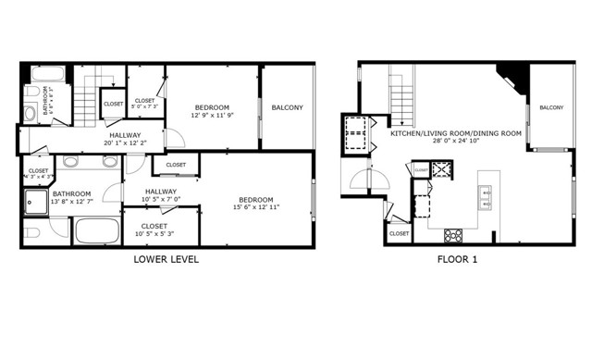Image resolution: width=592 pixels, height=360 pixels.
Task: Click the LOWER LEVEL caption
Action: [x=166, y=260]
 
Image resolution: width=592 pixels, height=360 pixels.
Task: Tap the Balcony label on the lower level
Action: [x=287, y=108]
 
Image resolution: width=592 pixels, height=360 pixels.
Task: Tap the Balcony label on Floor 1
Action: [x=550, y=108]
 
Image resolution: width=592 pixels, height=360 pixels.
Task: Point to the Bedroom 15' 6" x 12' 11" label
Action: [x=254, y=204]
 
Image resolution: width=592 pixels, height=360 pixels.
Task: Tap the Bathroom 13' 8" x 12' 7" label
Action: [x=70, y=198]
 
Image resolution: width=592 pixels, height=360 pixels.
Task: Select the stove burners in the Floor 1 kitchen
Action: [x=453, y=235]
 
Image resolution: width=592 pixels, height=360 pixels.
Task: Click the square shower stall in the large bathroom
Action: [x=37, y=201]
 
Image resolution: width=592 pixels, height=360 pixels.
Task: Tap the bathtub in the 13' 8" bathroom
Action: [x=96, y=230]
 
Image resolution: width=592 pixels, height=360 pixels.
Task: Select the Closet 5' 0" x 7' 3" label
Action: [x=145, y=105]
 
